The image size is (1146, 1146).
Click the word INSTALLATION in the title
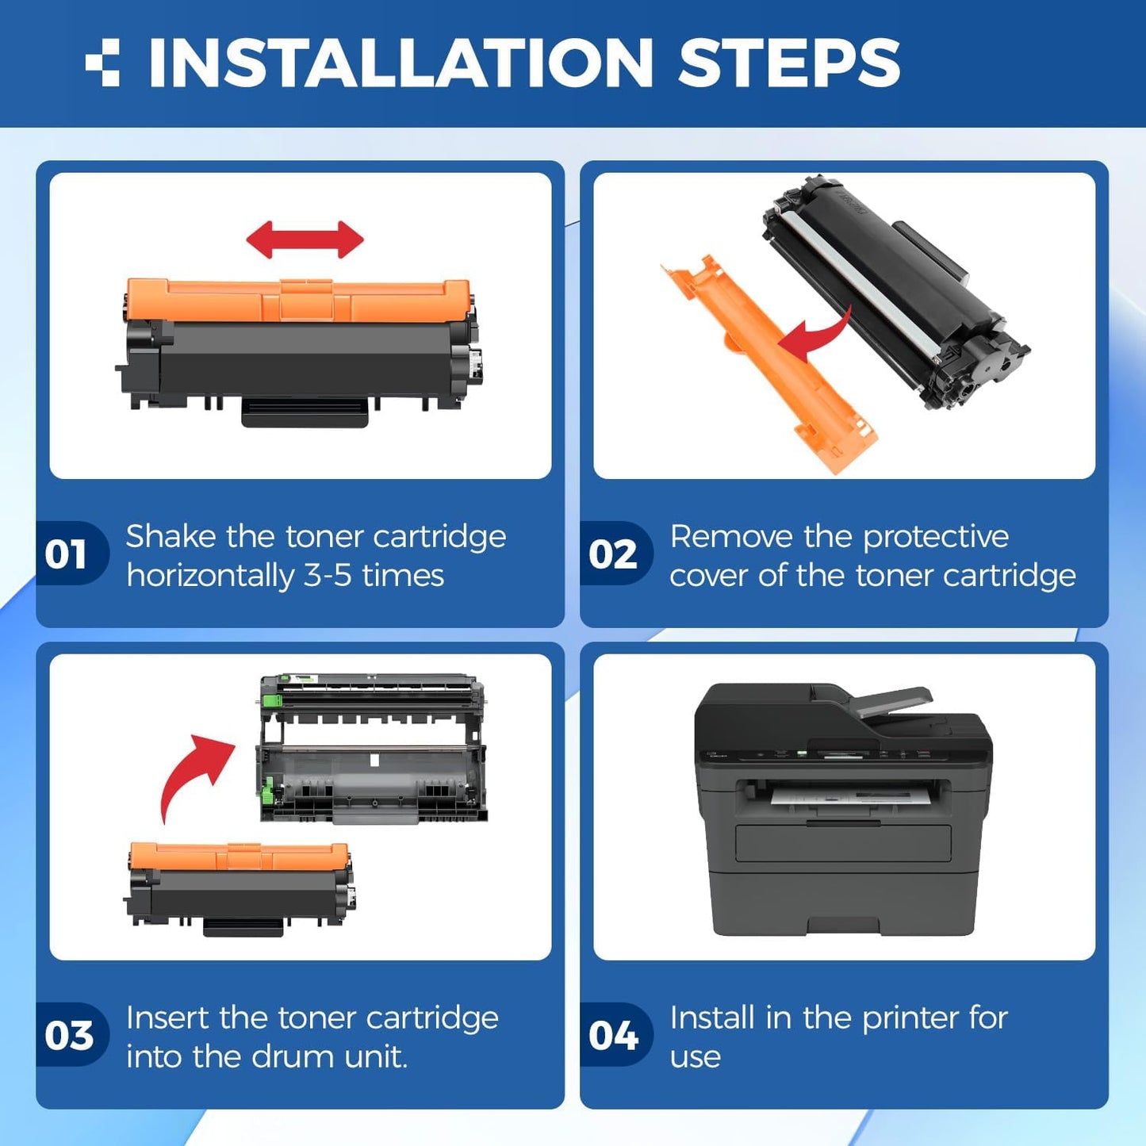pos(400,63)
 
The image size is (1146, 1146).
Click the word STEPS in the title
pos(788,63)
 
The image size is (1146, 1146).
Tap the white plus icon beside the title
pos(102,63)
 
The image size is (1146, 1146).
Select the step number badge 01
pos(67,554)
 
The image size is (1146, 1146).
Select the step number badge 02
pos(613,554)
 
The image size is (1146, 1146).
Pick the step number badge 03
pos(69,1035)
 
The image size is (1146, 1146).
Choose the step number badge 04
pos(613,1035)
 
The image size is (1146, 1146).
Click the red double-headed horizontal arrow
pos(305,240)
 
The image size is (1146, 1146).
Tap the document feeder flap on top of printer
pos(892,702)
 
